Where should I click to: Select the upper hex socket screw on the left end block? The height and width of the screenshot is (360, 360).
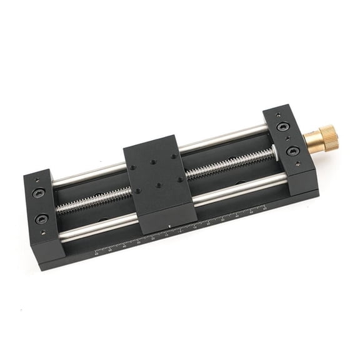point(38,193)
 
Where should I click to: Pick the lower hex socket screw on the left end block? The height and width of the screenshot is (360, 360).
point(42,219)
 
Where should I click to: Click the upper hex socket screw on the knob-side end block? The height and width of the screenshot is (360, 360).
point(281,127)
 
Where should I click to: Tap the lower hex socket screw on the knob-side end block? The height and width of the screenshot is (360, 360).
point(292,151)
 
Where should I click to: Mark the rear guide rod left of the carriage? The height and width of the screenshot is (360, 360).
point(87,173)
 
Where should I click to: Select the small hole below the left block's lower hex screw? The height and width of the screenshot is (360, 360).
point(44,233)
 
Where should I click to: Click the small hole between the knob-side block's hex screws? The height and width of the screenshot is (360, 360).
point(287,139)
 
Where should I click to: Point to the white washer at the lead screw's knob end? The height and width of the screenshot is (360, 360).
point(274,151)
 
